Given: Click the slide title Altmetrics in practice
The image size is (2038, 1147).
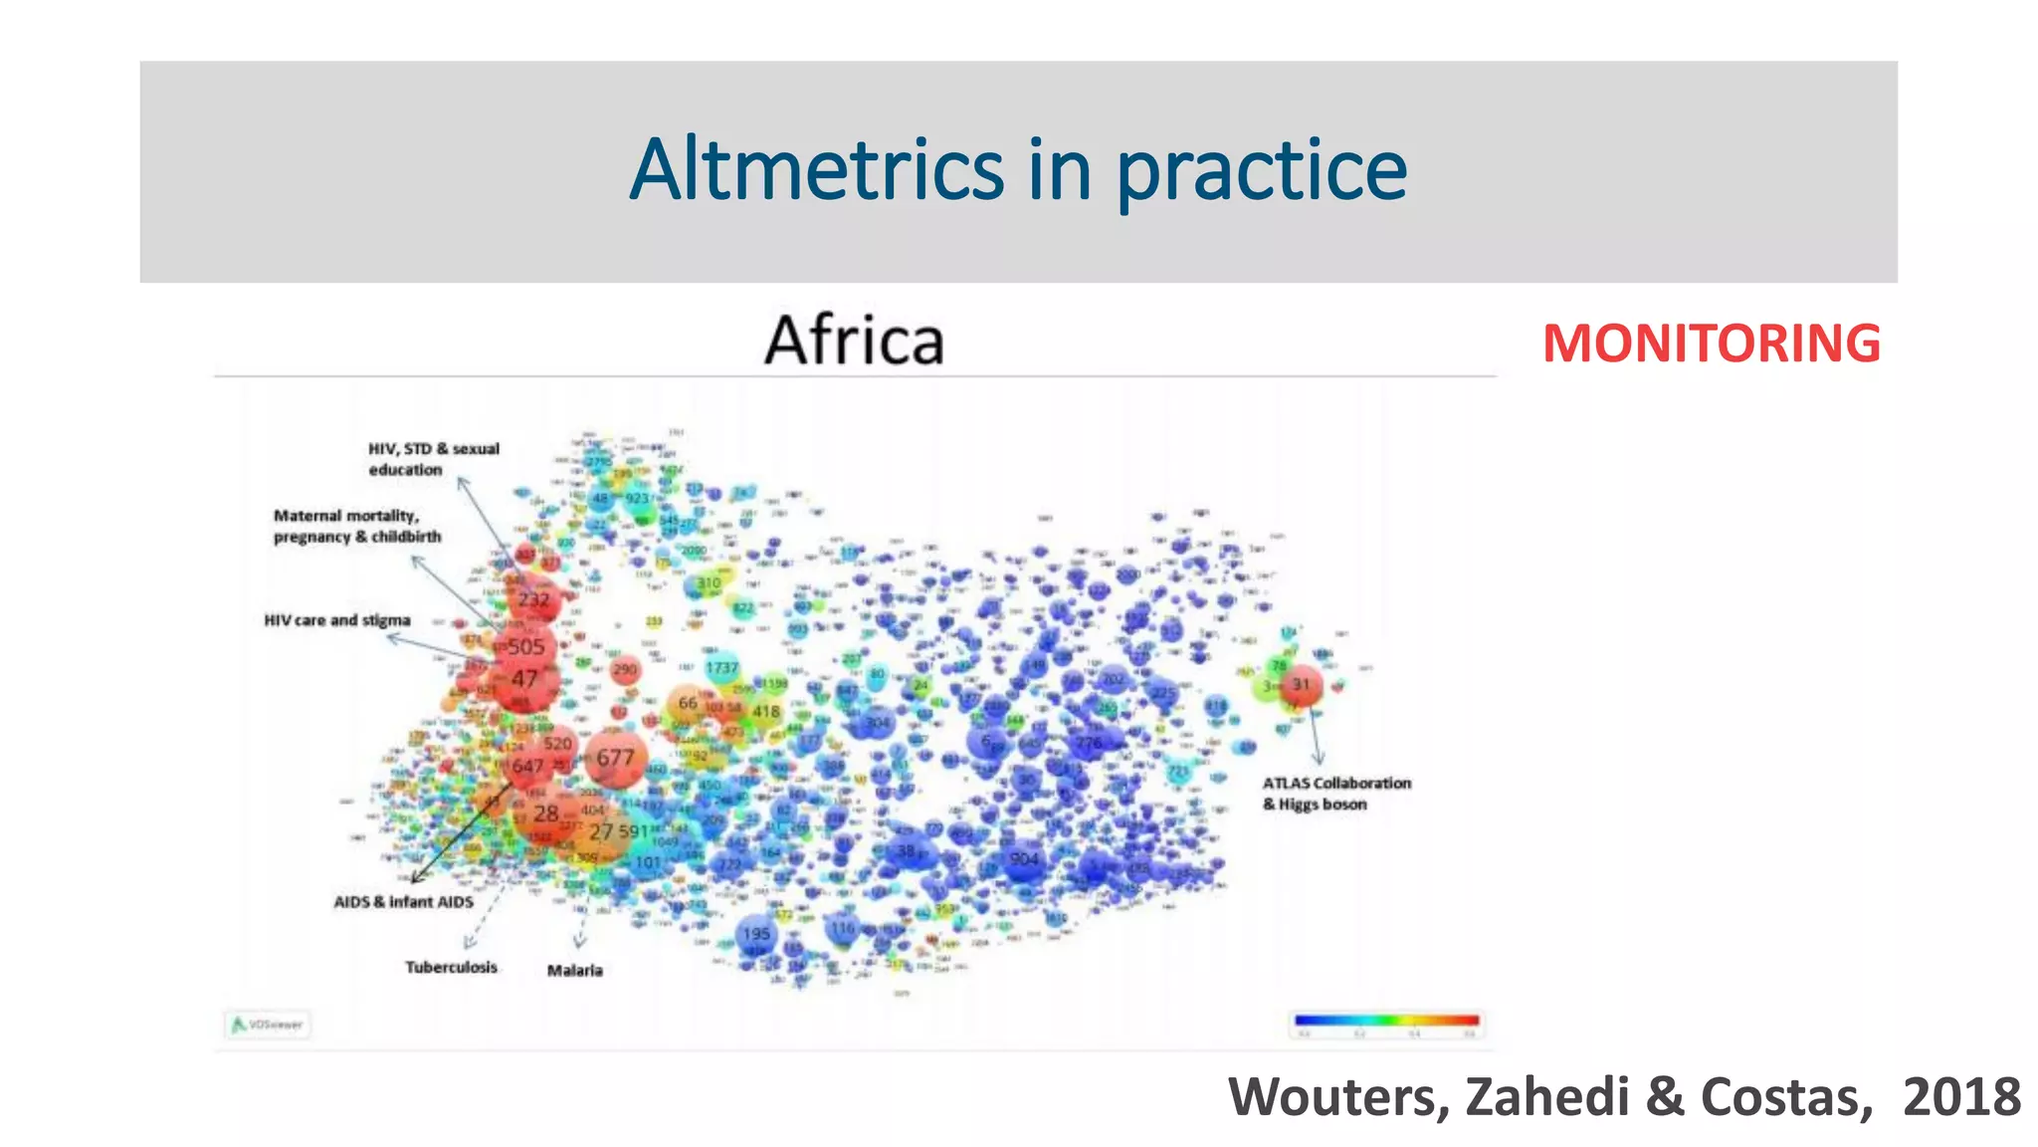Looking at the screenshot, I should click(x=1018, y=170).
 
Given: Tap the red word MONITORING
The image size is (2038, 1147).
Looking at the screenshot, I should click(x=1711, y=344).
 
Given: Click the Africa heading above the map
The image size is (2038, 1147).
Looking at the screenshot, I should click(x=854, y=341).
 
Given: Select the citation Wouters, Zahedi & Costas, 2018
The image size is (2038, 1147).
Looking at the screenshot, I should click(x=1623, y=1097).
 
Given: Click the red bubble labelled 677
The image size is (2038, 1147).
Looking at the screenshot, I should click(x=615, y=759).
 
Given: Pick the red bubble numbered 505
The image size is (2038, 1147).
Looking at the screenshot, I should click(x=525, y=647).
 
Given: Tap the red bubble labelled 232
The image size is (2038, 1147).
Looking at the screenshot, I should click(x=533, y=599).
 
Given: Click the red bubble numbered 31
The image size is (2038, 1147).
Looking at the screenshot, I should click(x=1301, y=684).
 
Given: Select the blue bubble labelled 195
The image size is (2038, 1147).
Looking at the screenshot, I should click(x=756, y=934).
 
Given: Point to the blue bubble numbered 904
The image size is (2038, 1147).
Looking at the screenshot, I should click(x=1024, y=859).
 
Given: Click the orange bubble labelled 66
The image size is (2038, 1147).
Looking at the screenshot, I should click(x=687, y=703).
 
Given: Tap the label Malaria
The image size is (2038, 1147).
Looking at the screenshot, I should click(x=574, y=970).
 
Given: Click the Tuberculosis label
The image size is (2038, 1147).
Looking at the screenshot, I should click(x=451, y=967).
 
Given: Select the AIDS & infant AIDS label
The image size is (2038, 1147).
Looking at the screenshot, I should click(x=403, y=902).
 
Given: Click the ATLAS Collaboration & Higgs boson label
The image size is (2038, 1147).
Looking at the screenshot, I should click(x=1336, y=794).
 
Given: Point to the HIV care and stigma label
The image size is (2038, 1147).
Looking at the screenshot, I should click(x=336, y=620).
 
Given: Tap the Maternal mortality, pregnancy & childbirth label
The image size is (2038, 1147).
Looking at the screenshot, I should click(x=357, y=526).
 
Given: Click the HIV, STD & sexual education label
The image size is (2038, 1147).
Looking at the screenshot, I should click(x=433, y=459).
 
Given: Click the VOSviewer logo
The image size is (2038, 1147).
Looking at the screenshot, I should click(x=267, y=1024).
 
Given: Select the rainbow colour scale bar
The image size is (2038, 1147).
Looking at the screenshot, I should click(x=1386, y=1020).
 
